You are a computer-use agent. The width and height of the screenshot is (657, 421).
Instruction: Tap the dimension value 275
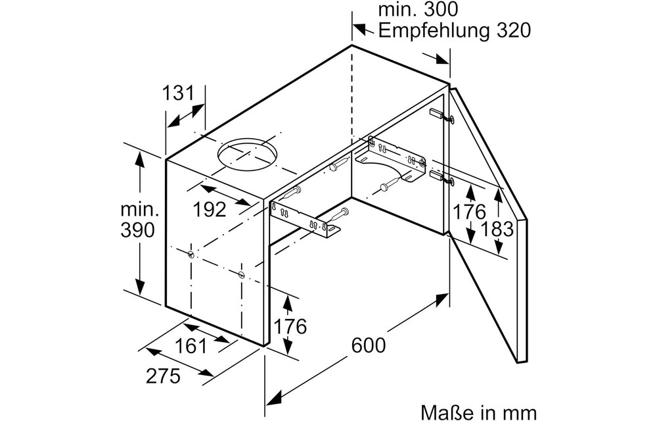click(x=162, y=376)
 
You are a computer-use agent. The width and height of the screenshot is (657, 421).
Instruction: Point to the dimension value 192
click(x=210, y=209)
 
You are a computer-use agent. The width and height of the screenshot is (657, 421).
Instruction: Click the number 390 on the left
click(x=139, y=230)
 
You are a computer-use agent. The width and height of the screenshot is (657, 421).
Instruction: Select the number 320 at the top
click(x=507, y=31)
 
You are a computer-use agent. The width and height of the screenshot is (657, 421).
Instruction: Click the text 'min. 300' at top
click(x=418, y=10)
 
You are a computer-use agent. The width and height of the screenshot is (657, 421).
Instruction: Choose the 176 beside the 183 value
click(x=469, y=212)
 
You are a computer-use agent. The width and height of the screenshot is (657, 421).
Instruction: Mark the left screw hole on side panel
click(x=191, y=254)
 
